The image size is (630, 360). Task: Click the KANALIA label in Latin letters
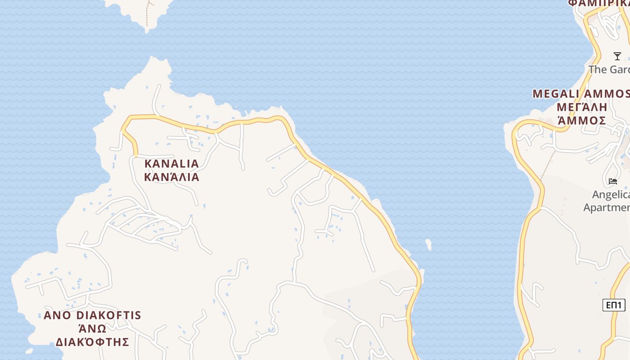[x=171, y=163]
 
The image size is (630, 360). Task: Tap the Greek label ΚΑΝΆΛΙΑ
[x=171, y=177]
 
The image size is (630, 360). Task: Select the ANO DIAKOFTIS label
[x=92, y=315]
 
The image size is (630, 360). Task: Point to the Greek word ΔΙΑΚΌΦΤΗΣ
[x=92, y=342]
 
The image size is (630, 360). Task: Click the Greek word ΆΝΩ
[x=92, y=328]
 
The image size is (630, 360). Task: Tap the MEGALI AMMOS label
[x=580, y=94]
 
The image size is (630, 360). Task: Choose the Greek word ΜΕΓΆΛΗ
[x=581, y=108]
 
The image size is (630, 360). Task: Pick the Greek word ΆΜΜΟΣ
[x=581, y=121]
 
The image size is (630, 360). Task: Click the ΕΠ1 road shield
[x=614, y=305]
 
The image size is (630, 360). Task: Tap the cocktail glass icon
[x=617, y=56]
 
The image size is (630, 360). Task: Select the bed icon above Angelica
[x=613, y=181]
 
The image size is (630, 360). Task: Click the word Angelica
[x=611, y=195]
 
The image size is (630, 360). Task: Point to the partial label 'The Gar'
[x=609, y=70]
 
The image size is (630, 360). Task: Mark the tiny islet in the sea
[x=428, y=244]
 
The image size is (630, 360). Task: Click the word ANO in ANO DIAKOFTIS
[x=57, y=315]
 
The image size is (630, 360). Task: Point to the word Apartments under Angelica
[x=607, y=207]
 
